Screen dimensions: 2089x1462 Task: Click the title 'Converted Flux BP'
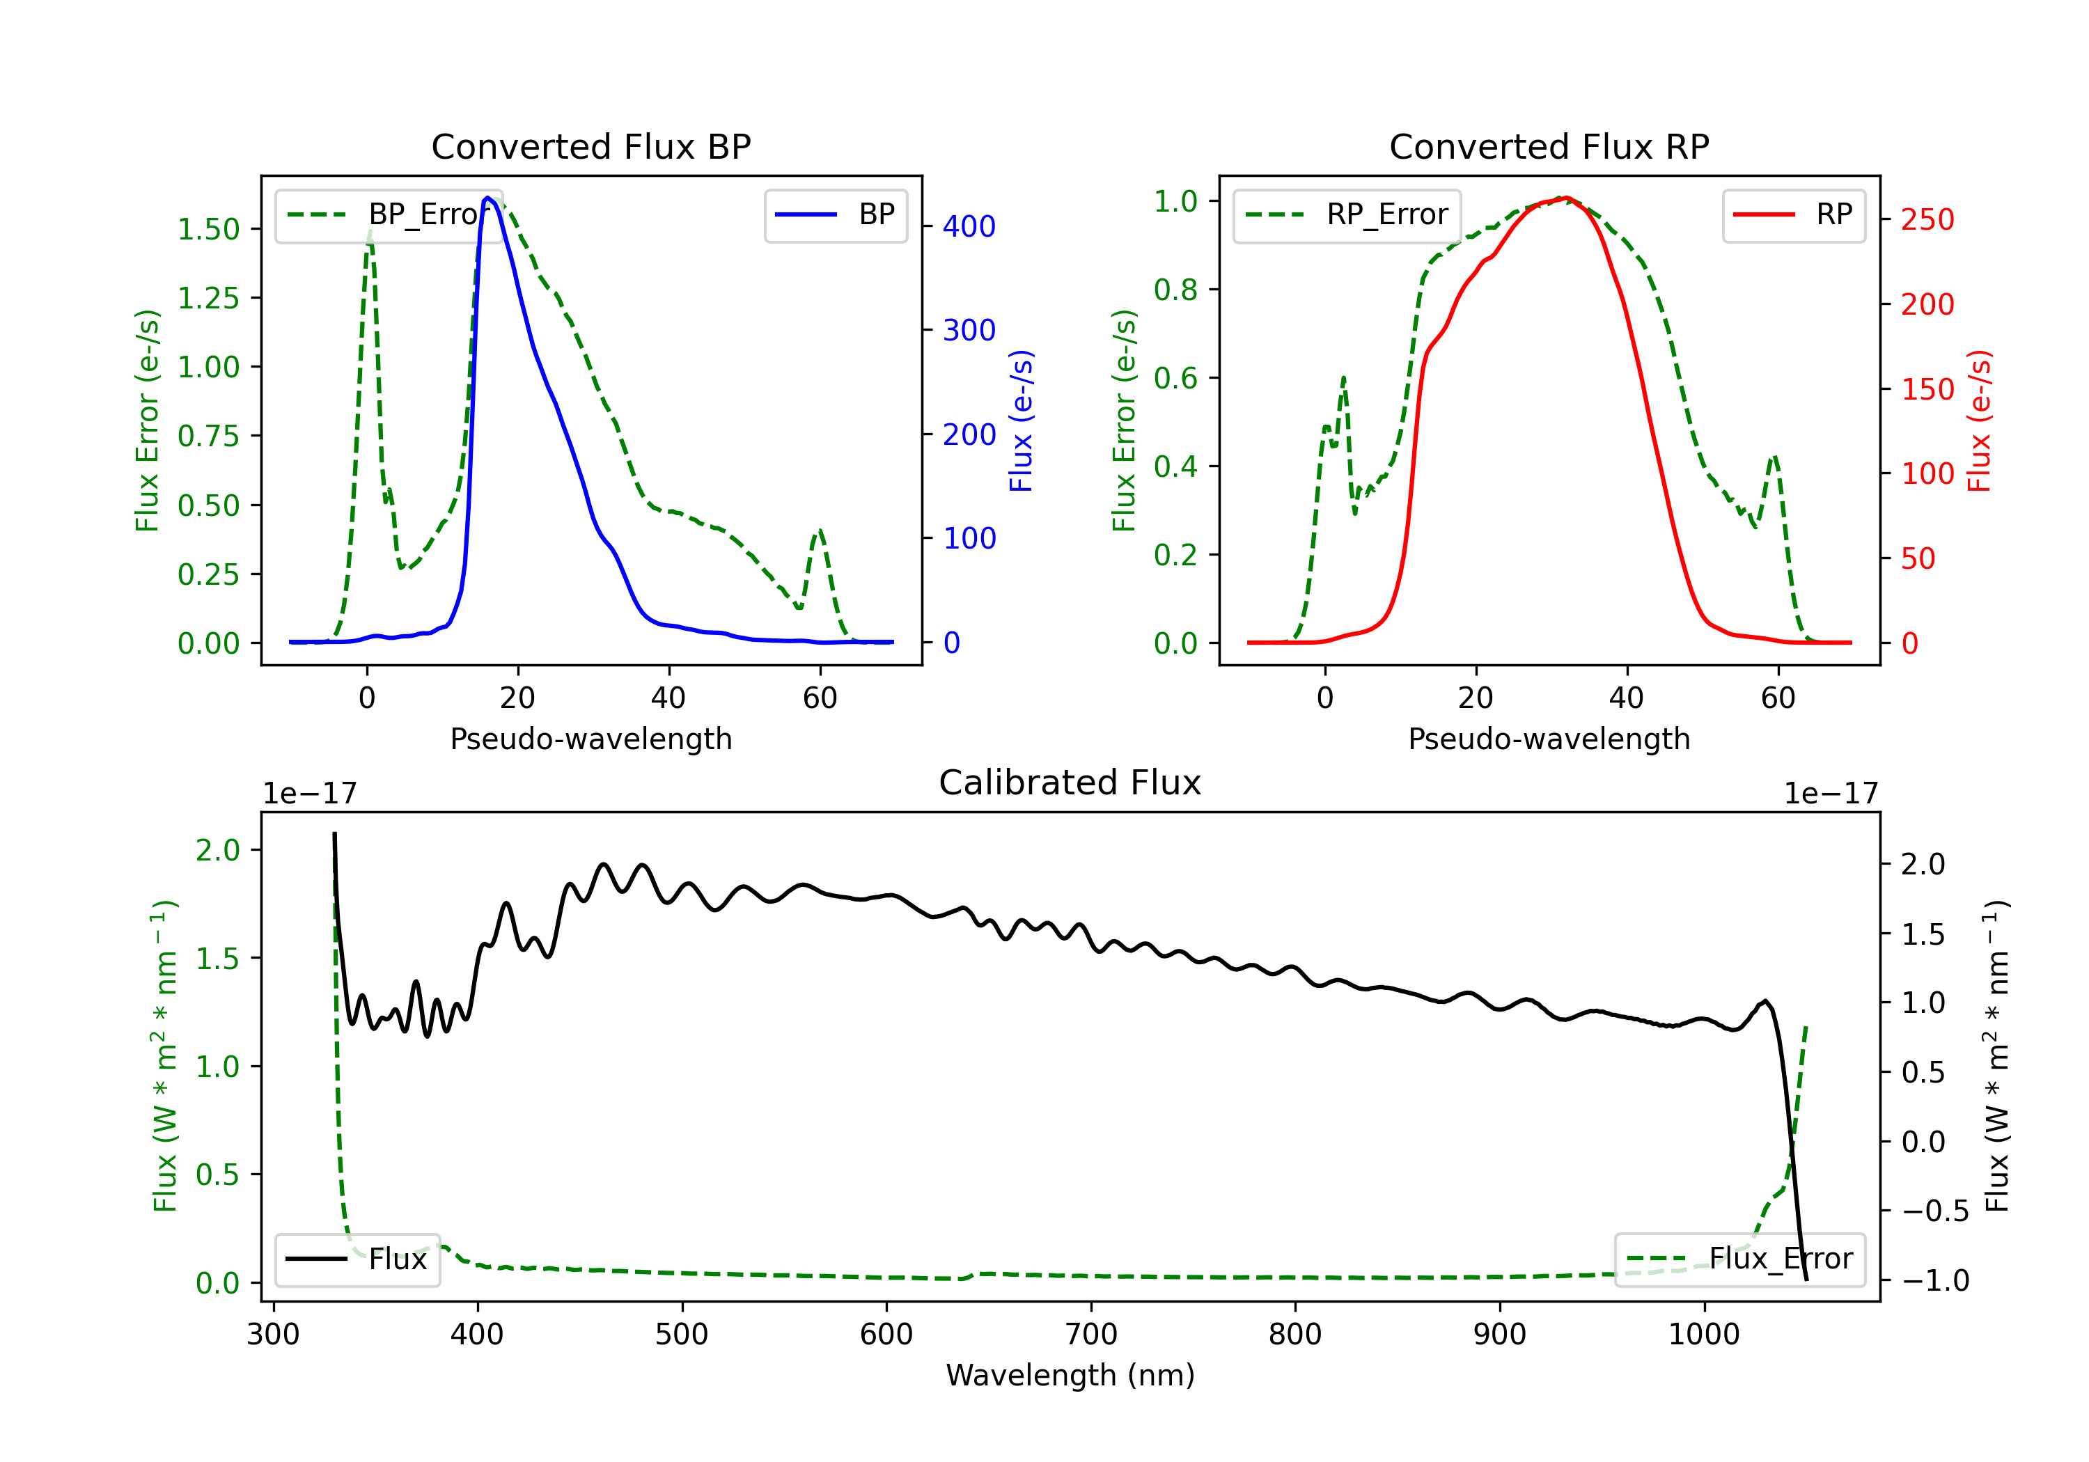590,146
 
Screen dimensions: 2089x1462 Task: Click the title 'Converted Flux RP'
1549,146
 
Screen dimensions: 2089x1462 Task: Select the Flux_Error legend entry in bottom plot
1739,1259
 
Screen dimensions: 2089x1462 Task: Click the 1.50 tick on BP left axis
208,229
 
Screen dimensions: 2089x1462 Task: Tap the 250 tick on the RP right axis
1927,219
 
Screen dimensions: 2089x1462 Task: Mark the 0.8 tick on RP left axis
1175,290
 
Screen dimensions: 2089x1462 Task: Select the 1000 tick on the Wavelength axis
1703,1335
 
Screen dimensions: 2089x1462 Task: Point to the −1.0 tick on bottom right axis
1934,1281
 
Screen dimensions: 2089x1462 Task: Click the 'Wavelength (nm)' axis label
1070,1376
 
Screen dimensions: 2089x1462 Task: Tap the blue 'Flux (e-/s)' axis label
1021,421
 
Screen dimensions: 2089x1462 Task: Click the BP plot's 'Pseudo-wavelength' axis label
590,739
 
